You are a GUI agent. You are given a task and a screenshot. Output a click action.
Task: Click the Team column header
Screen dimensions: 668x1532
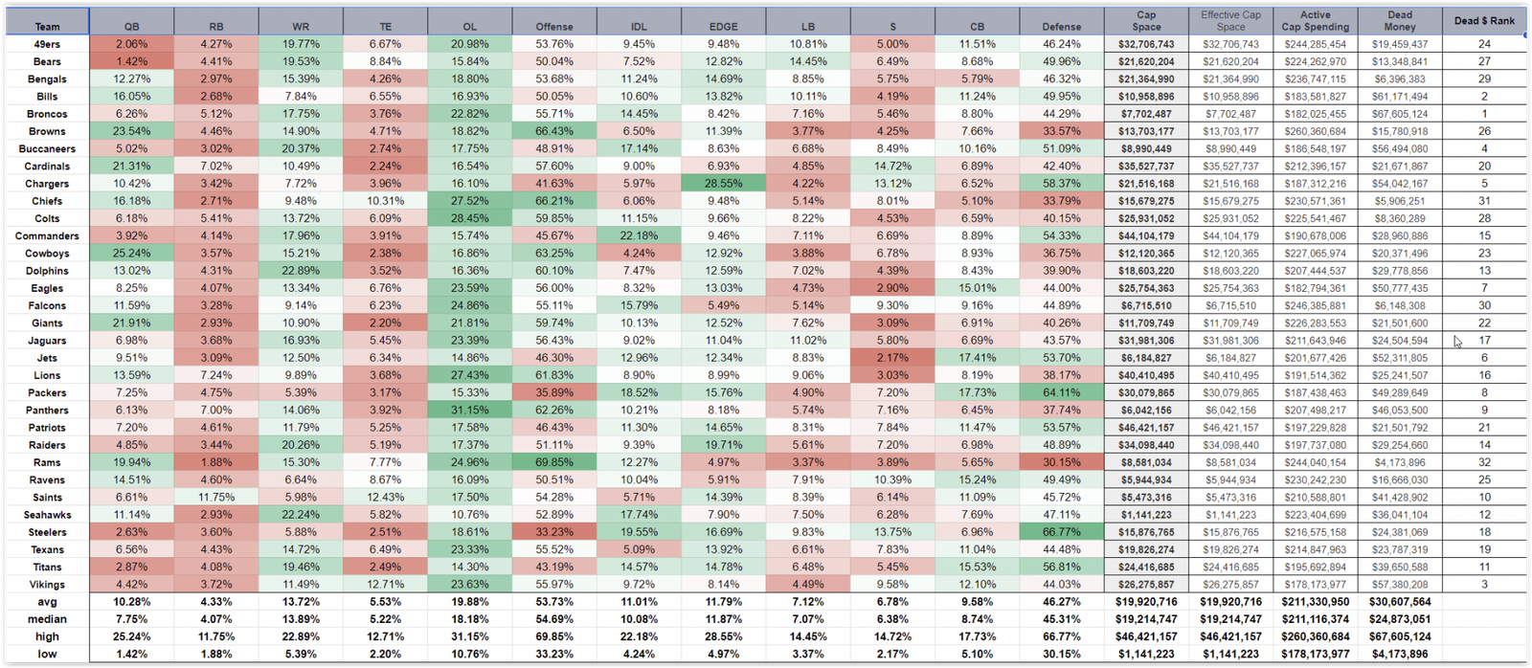[47, 27]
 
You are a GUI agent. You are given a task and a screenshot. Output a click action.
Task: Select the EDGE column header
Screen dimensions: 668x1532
[724, 27]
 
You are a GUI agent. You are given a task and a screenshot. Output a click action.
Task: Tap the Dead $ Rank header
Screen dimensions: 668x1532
[1484, 21]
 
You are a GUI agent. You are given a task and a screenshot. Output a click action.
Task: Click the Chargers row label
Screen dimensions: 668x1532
[47, 184]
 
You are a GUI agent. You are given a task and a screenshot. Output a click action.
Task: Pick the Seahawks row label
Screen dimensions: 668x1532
[47, 515]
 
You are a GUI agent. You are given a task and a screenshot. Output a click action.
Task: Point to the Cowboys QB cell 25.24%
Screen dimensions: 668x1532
[131, 254]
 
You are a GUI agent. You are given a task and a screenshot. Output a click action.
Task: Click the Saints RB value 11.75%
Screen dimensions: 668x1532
[216, 498]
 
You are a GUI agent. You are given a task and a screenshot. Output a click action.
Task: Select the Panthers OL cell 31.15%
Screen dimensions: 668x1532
[469, 411]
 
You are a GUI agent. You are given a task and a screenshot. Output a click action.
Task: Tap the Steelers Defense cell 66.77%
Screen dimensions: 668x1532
[1061, 532]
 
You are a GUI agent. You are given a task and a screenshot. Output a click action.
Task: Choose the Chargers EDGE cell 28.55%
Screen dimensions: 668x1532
[724, 184]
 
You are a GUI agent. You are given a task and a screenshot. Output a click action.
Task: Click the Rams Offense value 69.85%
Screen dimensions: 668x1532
[554, 462]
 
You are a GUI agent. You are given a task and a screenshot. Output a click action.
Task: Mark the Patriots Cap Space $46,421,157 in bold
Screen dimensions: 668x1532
[1146, 428]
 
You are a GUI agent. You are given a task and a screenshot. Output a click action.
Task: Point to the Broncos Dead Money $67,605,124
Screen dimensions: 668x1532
[1399, 114]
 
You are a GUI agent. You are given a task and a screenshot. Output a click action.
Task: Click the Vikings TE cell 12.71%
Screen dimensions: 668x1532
[385, 585]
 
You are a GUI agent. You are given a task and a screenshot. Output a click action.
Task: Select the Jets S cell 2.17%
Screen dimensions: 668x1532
[892, 358]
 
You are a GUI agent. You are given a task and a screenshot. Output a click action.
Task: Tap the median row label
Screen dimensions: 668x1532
[47, 619]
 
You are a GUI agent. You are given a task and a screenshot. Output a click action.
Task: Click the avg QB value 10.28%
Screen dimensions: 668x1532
[131, 602]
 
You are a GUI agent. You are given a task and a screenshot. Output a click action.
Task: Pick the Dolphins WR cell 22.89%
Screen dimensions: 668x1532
[301, 271]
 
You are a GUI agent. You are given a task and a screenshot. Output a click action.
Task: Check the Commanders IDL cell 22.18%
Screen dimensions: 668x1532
[639, 236]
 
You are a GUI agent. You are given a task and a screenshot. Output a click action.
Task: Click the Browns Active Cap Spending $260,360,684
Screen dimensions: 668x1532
[1315, 131]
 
